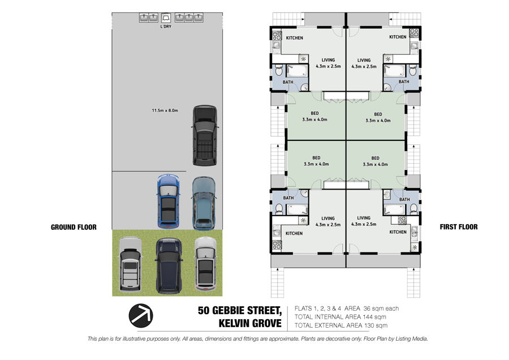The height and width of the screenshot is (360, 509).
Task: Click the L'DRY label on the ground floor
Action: point(166,27)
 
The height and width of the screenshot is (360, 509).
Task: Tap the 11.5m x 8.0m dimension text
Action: point(165,110)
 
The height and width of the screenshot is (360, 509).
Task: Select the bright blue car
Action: point(169,201)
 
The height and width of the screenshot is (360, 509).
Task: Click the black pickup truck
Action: point(205,135)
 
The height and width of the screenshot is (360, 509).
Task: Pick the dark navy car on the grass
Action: point(169,266)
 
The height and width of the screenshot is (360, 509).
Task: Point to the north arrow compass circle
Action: point(141,315)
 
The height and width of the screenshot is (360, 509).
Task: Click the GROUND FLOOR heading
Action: point(74,228)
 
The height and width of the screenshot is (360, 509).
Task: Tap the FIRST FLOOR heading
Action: point(459,227)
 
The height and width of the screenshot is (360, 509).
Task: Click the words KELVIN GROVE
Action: point(250,324)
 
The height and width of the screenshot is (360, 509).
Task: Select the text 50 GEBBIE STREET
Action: point(240,311)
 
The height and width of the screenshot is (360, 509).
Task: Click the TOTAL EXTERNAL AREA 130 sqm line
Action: point(341,325)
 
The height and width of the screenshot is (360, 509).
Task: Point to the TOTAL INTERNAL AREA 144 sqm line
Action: point(340,317)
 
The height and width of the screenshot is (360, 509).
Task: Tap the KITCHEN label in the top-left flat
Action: point(295,38)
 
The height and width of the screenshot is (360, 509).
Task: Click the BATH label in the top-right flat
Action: point(404,82)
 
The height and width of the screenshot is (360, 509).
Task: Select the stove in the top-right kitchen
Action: point(415,33)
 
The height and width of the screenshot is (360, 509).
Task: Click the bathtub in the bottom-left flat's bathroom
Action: point(297,209)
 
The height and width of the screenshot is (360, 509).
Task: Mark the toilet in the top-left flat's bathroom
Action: point(279,70)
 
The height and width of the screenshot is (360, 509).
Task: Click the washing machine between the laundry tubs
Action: point(166,18)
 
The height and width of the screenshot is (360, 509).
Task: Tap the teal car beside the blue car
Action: point(204,203)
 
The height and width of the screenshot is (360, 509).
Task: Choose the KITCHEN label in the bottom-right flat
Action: point(398,232)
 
